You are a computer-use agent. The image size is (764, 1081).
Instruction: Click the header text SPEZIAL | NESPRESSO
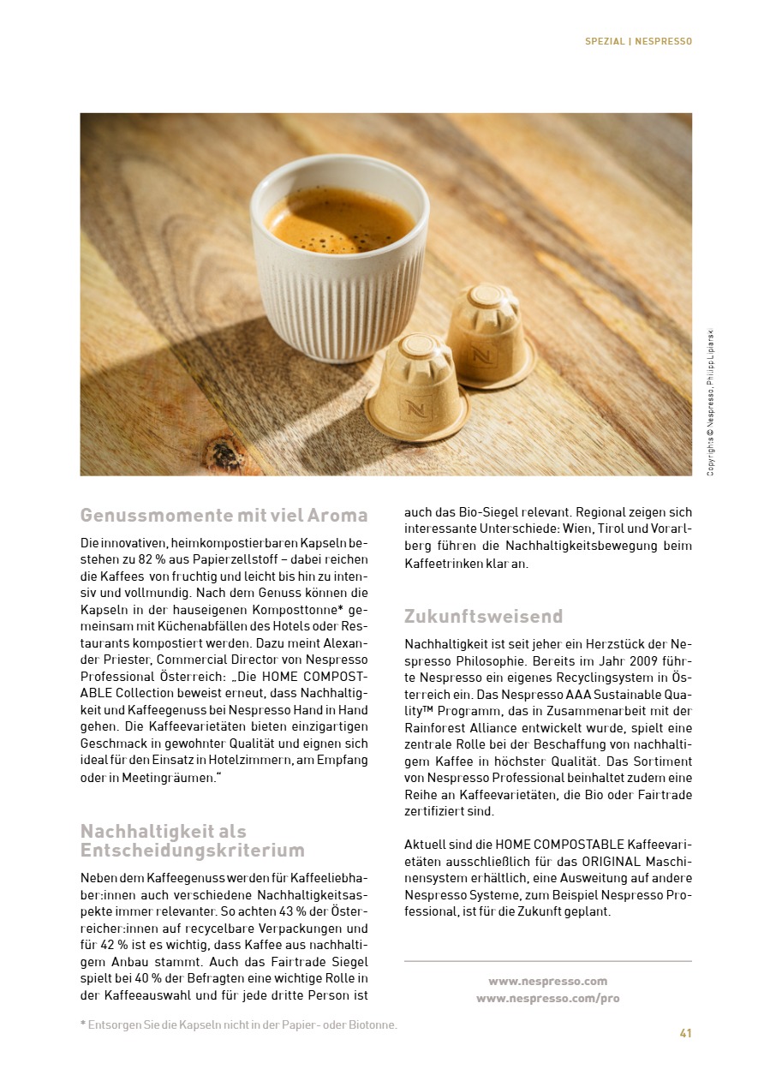[x=638, y=41]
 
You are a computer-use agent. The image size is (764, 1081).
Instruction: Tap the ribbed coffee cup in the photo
[x=338, y=283]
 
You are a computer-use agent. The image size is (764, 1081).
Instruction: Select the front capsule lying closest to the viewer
[x=417, y=391]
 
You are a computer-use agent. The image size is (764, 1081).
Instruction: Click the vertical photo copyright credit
[x=710, y=403]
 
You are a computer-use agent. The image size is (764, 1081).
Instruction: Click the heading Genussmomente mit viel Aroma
[x=224, y=515]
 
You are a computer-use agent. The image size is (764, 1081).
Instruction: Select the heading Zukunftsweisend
[x=483, y=616]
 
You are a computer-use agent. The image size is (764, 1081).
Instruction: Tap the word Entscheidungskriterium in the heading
[x=192, y=850]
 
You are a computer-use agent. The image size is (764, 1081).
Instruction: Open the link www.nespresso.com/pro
[x=548, y=998]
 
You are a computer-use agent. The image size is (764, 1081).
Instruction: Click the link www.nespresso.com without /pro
[x=548, y=981]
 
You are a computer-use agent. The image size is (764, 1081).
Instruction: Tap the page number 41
[x=685, y=1032]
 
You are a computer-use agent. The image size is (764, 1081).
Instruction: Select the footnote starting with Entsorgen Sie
[x=239, y=1024]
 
